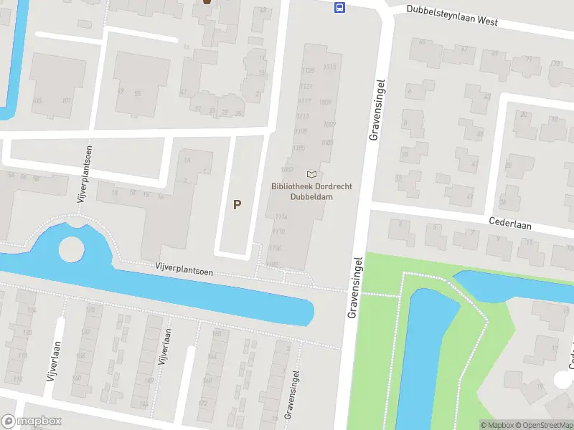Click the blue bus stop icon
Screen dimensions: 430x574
(x=339, y=8)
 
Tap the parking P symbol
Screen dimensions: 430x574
(x=237, y=204)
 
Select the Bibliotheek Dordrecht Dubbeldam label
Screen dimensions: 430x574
(x=311, y=191)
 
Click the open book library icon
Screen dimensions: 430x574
(x=311, y=174)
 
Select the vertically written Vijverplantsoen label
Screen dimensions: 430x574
(x=80, y=182)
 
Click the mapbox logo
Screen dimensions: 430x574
(x=32, y=421)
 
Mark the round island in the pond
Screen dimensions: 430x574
(x=71, y=250)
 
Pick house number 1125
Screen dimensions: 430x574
(x=309, y=70)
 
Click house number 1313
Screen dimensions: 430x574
(x=329, y=67)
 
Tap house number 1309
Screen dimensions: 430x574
(x=326, y=102)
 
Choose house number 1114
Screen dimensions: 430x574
(x=281, y=216)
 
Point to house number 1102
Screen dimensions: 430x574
(x=272, y=264)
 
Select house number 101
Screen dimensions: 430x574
(x=67, y=100)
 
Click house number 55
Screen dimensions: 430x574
(x=137, y=94)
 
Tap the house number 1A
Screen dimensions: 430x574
(x=188, y=159)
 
